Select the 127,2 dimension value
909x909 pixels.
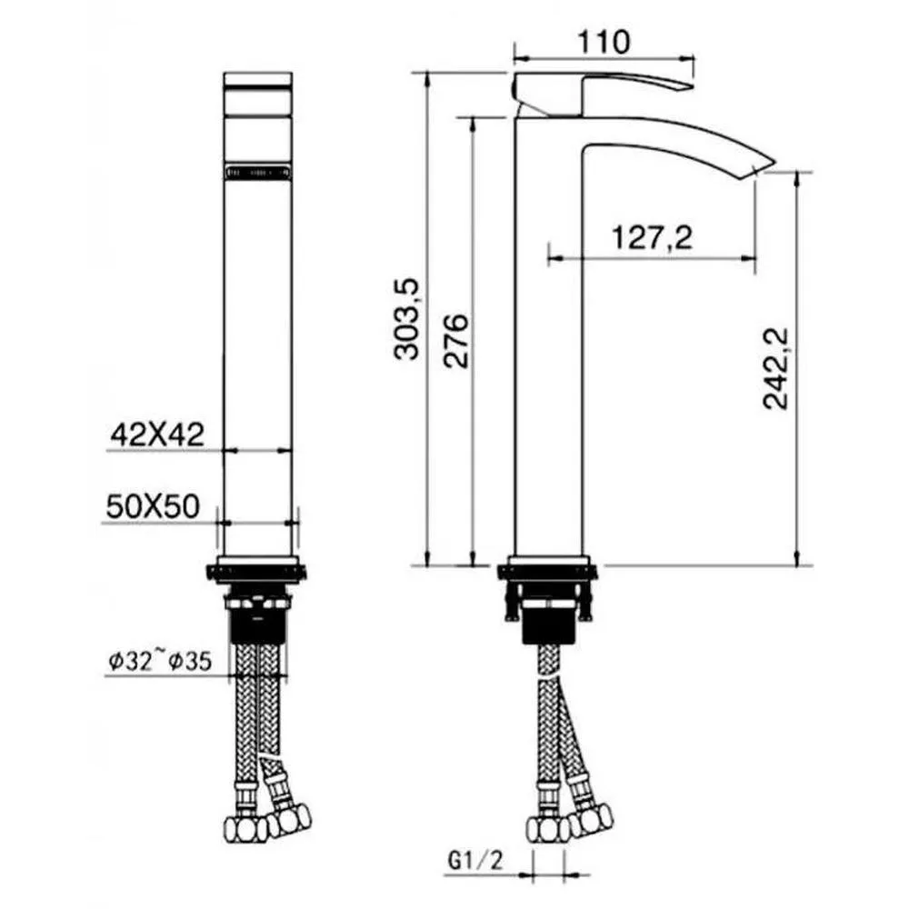pos(652,238)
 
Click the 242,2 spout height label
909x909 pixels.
pos(776,368)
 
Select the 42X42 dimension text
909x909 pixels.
pos(154,435)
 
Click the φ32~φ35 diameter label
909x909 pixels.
pos(157,661)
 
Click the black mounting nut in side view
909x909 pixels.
pos(548,628)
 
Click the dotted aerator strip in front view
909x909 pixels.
pos(258,170)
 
